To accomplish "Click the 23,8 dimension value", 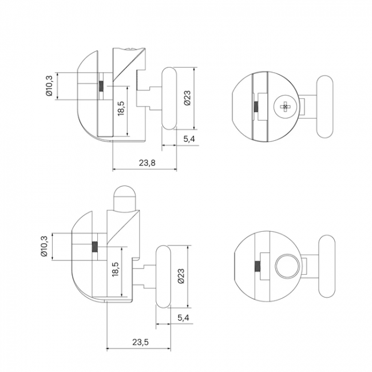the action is pyautogui.click(x=147, y=163).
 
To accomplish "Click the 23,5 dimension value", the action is pyautogui.click(x=140, y=342).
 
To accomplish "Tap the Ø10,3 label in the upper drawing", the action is pyautogui.click(x=49, y=86).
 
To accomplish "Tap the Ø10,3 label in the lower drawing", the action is pyautogui.click(x=44, y=246).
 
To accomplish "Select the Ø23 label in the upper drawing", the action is pyautogui.click(x=187, y=98).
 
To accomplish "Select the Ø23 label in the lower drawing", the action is pyautogui.click(x=181, y=276).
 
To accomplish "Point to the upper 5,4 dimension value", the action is pyautogui.click(x=189, y=139).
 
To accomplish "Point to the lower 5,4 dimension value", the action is pyautogui.click(x=183, y=318).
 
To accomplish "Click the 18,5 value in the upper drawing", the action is pyautogui.click(x=121, y=108).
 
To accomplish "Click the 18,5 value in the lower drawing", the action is pyautogui.click(x=116, y=269).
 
